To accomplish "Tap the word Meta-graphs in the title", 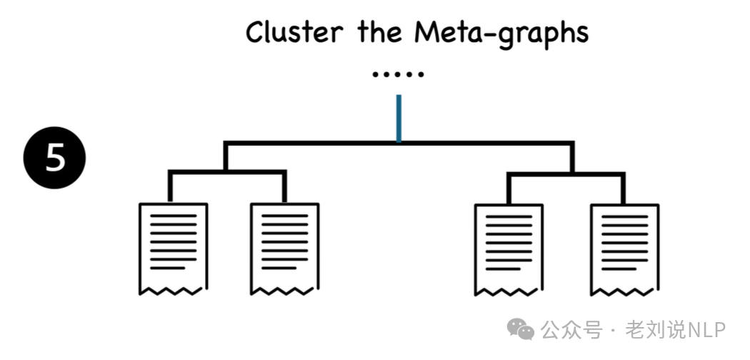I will (x=501, y=34).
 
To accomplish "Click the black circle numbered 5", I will (x=55, y=158).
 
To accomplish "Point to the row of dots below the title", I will (x=398, y=74).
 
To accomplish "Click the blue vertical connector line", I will (x=399, y=118).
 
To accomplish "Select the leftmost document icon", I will (x=173, y=249).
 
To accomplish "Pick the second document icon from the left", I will (x=284, y=249).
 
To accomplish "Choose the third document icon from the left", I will (x=509, y=249).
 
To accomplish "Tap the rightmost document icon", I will (x=624, y=249).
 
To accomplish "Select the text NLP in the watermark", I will (x=706, y=329).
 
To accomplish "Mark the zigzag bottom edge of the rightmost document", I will (x=624, y=291).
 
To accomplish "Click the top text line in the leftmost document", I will (x=173, y=216).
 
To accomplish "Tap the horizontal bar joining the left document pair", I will (x=227, y=172).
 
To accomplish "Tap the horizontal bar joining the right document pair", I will (x=566, y=172).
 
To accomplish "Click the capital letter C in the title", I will (x=255, y=32).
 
